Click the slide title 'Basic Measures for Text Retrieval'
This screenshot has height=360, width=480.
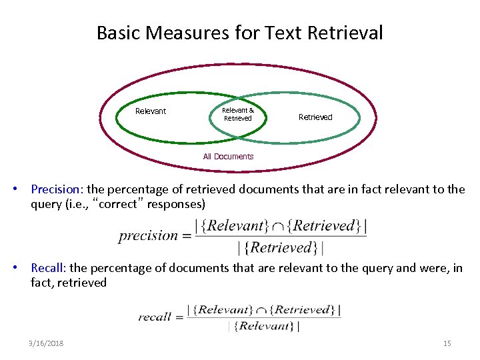click(x=239, y=32)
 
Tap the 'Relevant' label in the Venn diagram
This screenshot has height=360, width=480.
click(x=151, y=111)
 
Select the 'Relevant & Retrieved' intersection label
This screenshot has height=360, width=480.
click(x=238, y=114)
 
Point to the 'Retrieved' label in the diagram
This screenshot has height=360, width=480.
click(x=315, y=117)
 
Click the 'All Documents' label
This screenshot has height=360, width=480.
click(x=228, y=157)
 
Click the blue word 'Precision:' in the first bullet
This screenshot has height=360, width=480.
click(x=58, y=189)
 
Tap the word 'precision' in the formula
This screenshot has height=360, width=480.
click(x=148, y=235)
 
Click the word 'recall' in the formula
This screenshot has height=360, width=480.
click(x=155, y=317)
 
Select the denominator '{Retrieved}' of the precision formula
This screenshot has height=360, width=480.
click(x=281, y=248)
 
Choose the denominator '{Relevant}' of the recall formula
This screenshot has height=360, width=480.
click(x=264, y=326)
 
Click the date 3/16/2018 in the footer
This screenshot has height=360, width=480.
click(x=47, y=343)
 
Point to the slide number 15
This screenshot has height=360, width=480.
click(x=447, y=343)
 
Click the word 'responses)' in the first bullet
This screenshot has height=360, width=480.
click(x=179, y=204)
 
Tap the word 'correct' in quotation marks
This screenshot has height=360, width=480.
click(x=117, y=204)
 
